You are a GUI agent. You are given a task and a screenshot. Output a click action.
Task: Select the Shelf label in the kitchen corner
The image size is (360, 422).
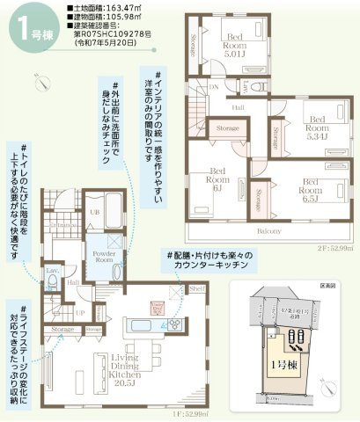(x=196, y=288)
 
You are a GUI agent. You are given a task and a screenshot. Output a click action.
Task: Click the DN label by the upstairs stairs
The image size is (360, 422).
(x=212, y=87)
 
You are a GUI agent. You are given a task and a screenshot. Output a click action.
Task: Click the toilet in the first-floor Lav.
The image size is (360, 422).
(x=53, y=283)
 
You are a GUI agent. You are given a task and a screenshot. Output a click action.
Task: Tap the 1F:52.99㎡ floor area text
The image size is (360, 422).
(x=189, y=412)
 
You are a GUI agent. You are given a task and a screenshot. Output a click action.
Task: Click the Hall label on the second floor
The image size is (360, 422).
(x=238, y=105)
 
